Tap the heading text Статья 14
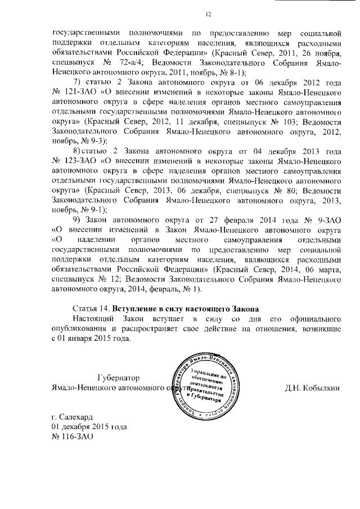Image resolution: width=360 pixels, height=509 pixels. point(91,309)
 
